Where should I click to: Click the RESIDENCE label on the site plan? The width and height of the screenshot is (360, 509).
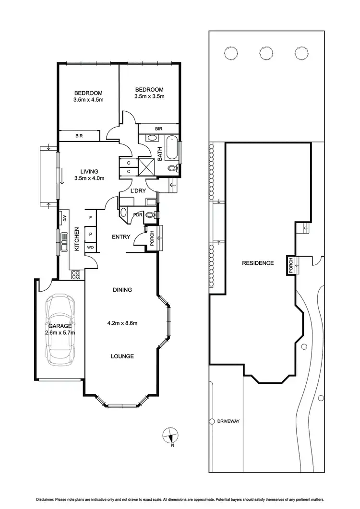tap(258, 263)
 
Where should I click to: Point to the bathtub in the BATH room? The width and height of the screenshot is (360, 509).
tap(172, 149)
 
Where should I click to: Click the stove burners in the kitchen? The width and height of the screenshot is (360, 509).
tap(75, 274)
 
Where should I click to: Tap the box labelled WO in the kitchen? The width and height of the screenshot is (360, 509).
tap(90, 248)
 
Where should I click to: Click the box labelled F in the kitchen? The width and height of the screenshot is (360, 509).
tap(90, 217)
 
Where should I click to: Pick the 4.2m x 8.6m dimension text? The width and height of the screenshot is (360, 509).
tap(122, 323)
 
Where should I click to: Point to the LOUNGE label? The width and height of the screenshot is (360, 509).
tap(121, 356)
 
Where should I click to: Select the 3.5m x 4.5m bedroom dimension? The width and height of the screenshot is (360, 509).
tap(89, 100)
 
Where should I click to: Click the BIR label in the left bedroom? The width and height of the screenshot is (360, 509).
tap(79, 136)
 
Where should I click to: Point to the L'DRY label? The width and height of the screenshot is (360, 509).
tap(139, 191)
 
